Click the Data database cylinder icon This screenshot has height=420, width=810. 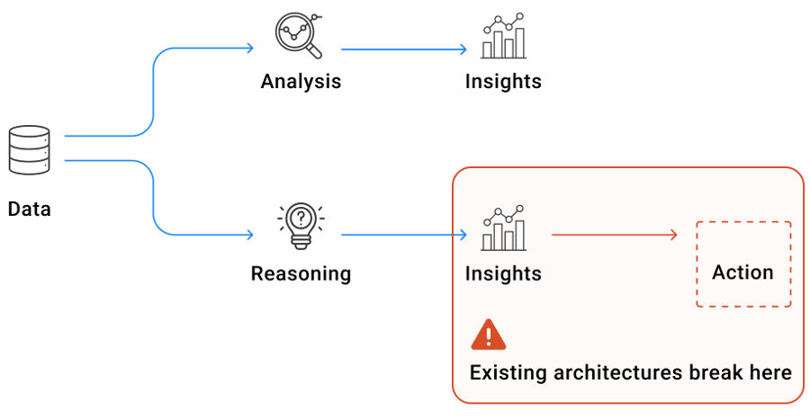point(30,150)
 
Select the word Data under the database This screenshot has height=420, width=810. point(30,210)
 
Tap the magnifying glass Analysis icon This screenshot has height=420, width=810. point(299,36)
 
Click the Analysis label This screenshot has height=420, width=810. point(301,82)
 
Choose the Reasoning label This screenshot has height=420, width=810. point(301,273)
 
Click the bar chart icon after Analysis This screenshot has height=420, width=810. point(503,37)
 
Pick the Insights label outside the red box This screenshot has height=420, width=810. point(503,82)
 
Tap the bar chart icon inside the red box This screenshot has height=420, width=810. point(503,229)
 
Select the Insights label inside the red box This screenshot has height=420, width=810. point(503,273)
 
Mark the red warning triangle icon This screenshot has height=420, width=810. point(489,335)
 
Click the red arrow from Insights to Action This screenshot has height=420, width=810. point(612,236)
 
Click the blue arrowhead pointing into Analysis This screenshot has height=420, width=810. point(249,49)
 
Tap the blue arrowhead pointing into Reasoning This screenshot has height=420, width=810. point(249,236)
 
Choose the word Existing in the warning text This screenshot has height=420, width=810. point(506,372)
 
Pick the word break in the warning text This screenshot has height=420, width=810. point(715,372)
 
